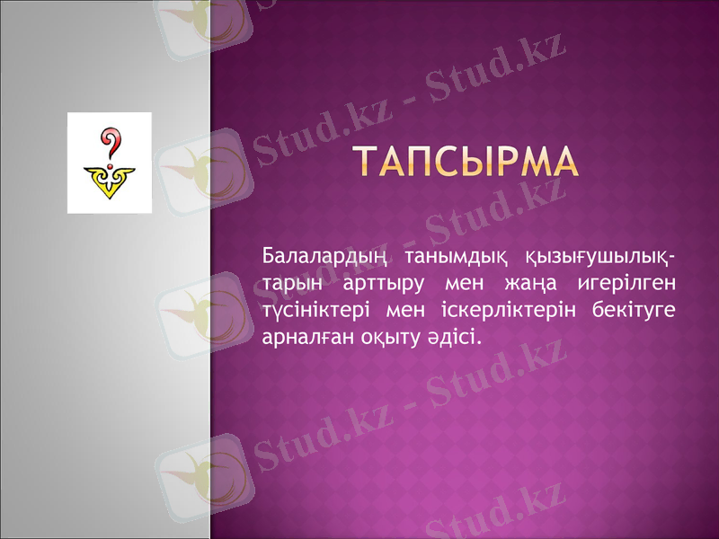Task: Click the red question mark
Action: [110, 143]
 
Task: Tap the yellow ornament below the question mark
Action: [110, 183]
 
